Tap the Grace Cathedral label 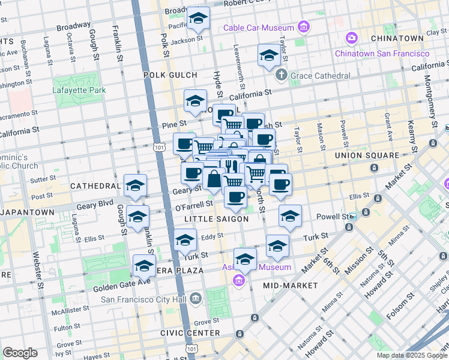point(320,76)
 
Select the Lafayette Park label point(79,90)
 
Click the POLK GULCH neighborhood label point(170,75)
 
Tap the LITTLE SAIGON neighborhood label point(217,219)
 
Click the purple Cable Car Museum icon point(304,27)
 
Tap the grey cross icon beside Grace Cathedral point(281,76)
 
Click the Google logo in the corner point(20,353)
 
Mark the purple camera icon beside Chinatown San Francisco point(351,38)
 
